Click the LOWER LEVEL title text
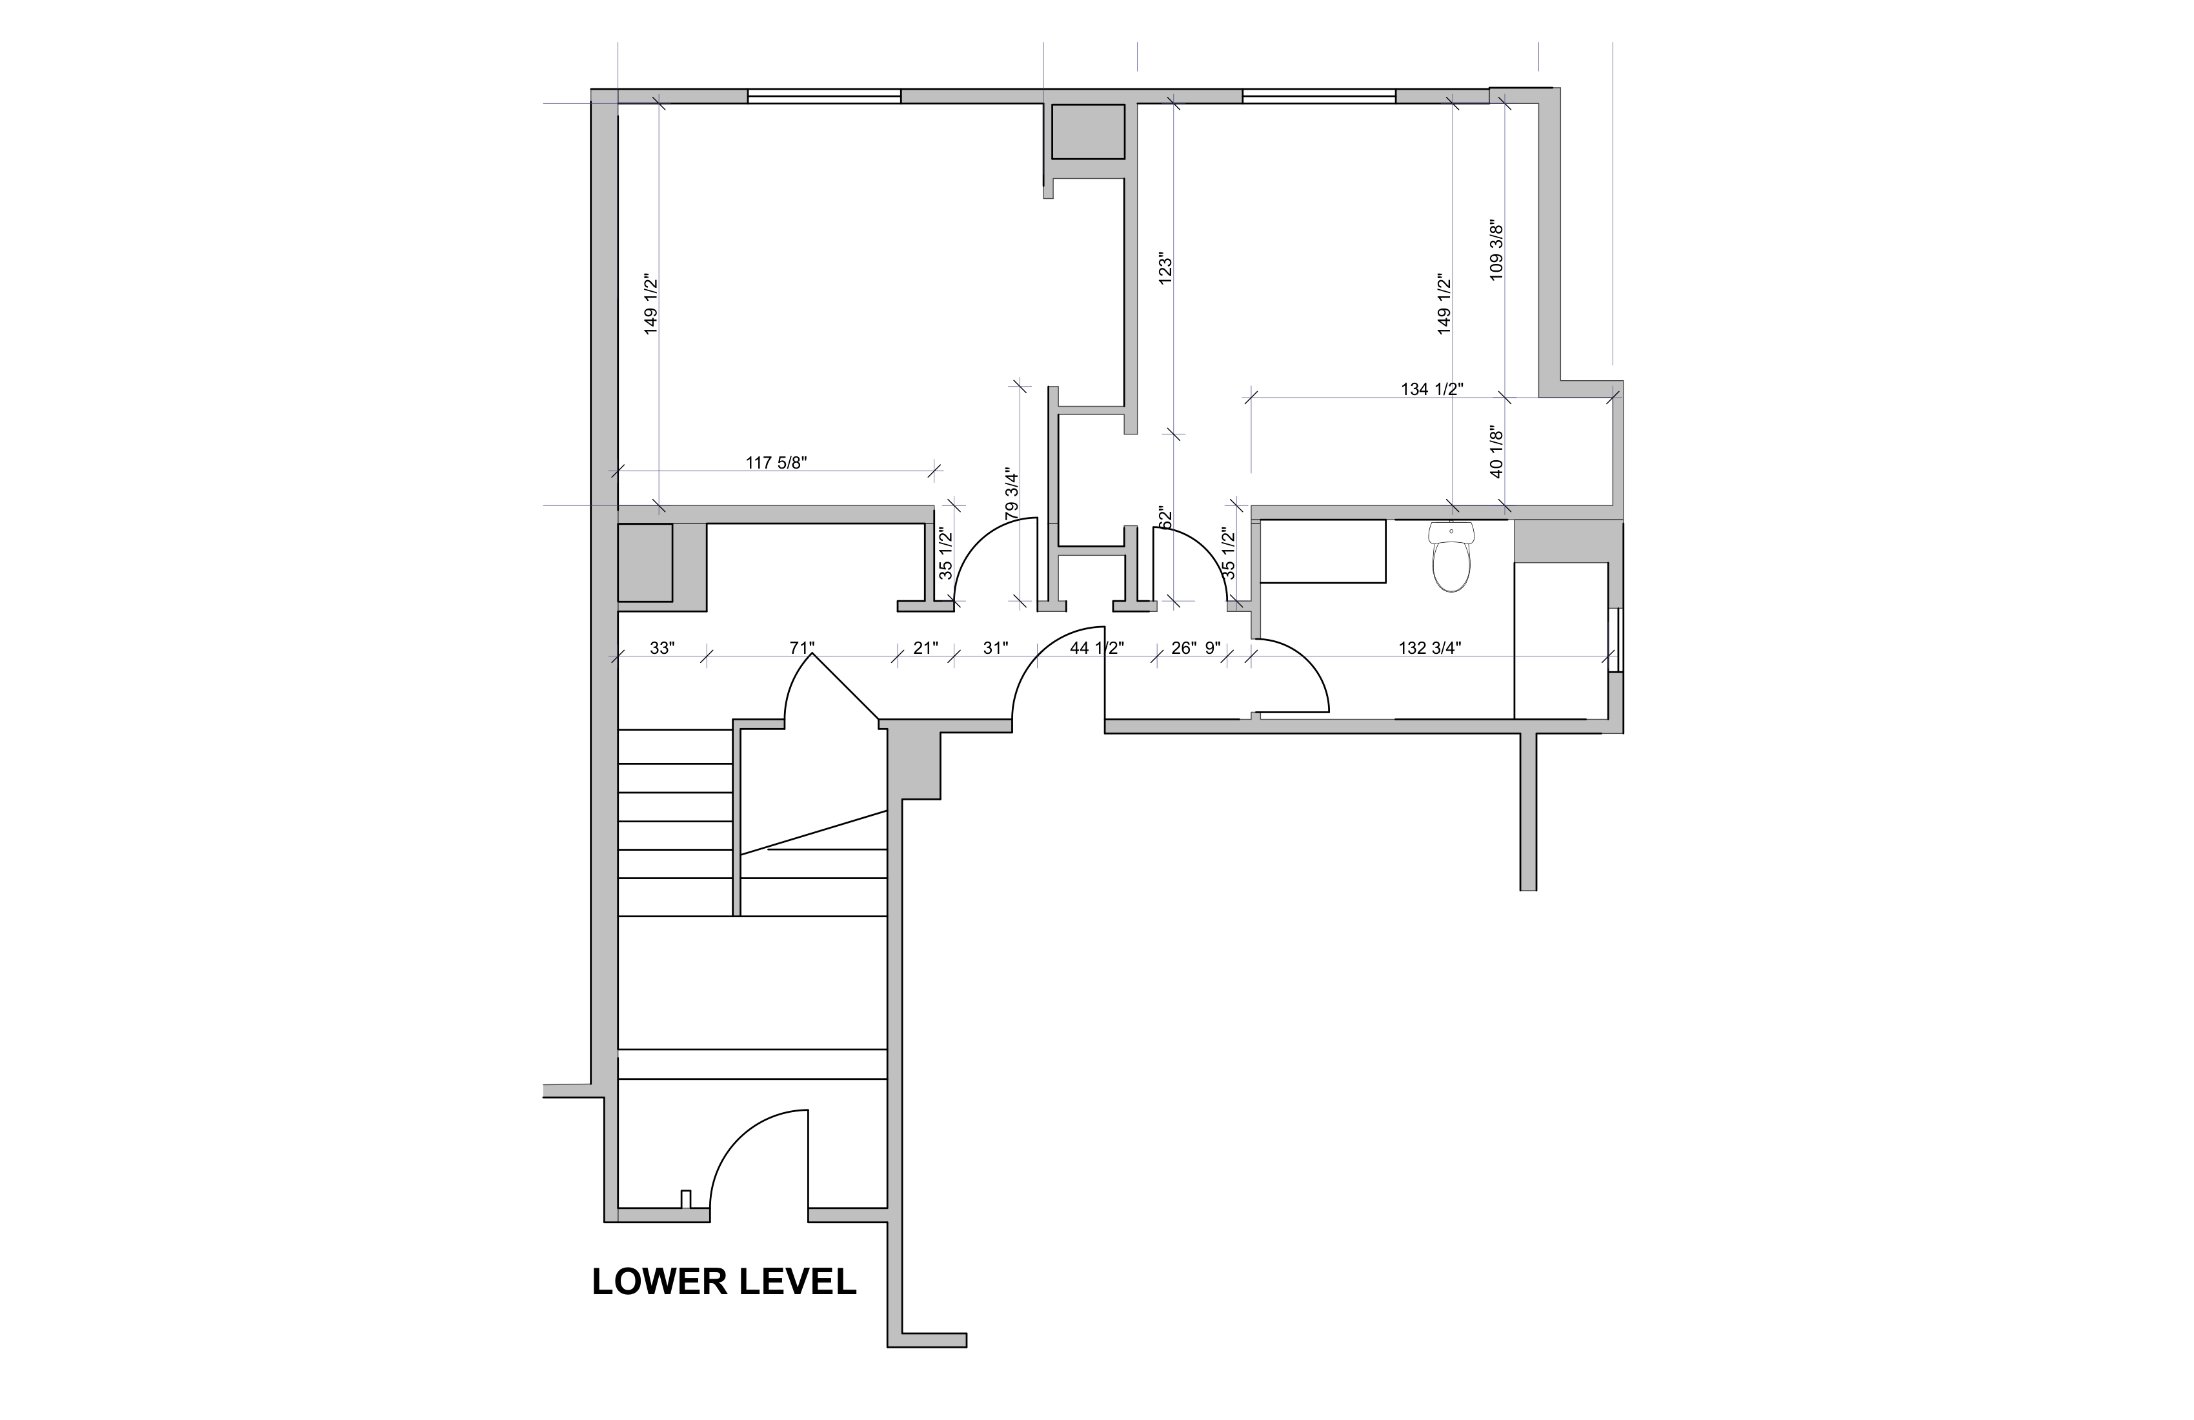point(723,1282)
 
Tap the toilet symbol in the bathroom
point(1451,558)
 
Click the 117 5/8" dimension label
point(776,463)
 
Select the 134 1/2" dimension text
point(1432,389)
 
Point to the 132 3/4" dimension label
point(1430,648)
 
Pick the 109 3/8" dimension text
point(1496,250)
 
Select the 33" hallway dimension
point(662,648)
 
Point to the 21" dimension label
point(925,648)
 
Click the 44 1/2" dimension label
point(1097,648)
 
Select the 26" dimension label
point(1183,648)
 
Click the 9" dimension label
point(1213,648)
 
